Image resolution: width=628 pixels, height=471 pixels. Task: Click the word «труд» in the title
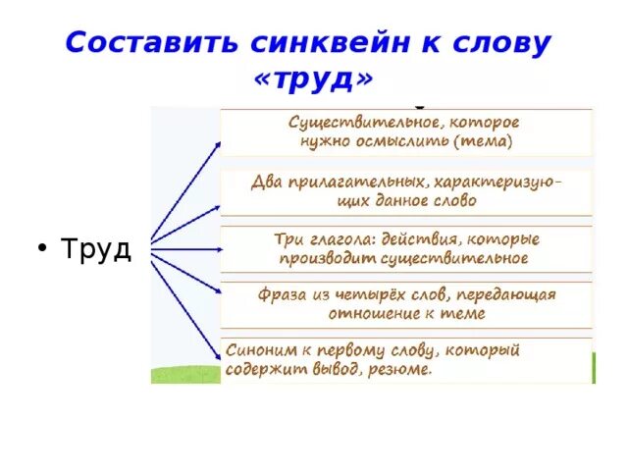point(314,78)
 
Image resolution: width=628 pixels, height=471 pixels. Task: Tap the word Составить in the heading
point(135,43)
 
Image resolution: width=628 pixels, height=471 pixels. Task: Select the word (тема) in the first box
point(482,140)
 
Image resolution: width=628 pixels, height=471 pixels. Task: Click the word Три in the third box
point(288,239)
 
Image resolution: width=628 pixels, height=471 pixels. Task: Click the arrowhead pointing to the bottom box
point(217,358)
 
